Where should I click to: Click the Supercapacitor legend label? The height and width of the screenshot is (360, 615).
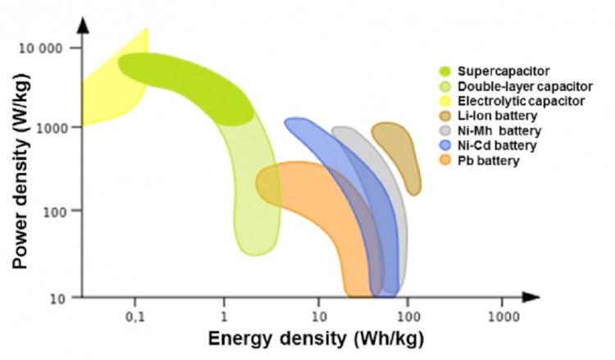click(x=503, y=71)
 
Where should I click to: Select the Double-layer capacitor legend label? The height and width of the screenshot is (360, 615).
click(x=525, y=86)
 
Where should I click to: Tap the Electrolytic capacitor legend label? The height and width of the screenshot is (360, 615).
click(x=522, y=101)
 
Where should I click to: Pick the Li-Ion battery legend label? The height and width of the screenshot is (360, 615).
click(x=498, y=116)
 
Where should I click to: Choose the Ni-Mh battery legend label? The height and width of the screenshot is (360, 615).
click(x=499, y=130)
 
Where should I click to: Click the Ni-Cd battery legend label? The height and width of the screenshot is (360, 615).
click(x=497, y=145)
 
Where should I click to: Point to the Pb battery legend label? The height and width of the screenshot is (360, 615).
click(x=489, y=161)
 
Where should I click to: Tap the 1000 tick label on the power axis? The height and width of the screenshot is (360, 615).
click(x=49, y=128)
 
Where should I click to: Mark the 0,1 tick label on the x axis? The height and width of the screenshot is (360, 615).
click(x=135, y=317)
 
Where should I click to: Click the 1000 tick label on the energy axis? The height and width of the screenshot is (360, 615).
click(x=503, y=317)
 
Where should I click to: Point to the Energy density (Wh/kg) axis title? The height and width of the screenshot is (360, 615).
click(x=316, y=338)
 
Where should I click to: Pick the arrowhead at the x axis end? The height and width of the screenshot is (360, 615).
click(x=531, y=297)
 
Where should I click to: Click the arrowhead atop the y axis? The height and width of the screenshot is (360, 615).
click(x=83, y=25)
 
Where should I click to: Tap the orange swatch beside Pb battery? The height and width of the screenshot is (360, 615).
click(x=445, y=161)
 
